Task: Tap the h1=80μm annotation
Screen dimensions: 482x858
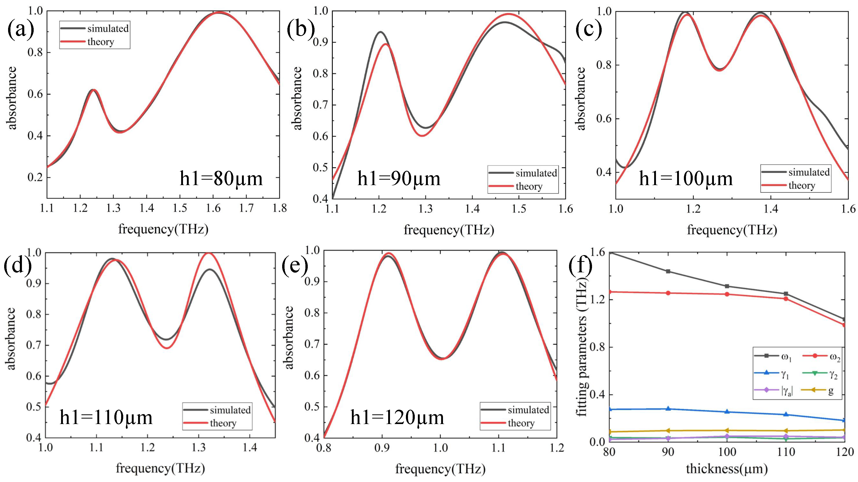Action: pyautogui.click(x=221, y=179)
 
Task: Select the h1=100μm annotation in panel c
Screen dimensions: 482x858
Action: pyautogui.click(x=686, y=179)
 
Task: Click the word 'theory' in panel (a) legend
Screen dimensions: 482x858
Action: pyautogui.click(x=100, y=42)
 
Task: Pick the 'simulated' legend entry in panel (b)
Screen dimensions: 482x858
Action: pyautogui.click(x=536, y=173)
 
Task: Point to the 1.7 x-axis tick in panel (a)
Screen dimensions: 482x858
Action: pyautogui.click(x=246, y=208)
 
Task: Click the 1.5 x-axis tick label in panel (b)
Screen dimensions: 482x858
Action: pyautogui.click(x=519, y=209)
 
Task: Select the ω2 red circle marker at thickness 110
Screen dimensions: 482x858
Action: pyautogui.click(x=786, y=299)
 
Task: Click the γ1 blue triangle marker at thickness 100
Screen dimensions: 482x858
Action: pyautogui.click(x=727, y=412)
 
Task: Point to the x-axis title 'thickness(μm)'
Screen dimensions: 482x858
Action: pyautogui.click(x=727, y=469)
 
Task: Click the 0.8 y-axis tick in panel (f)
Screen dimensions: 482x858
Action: pyautogui.click(x=597, y=347)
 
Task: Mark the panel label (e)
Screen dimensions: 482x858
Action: pyautogui.click(x=295, y=267)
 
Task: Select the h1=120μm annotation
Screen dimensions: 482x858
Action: pyautogui.click(x=397, y=418)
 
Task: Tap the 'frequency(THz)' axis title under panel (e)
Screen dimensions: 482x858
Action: pyautogui.click(x=440, y=469)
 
